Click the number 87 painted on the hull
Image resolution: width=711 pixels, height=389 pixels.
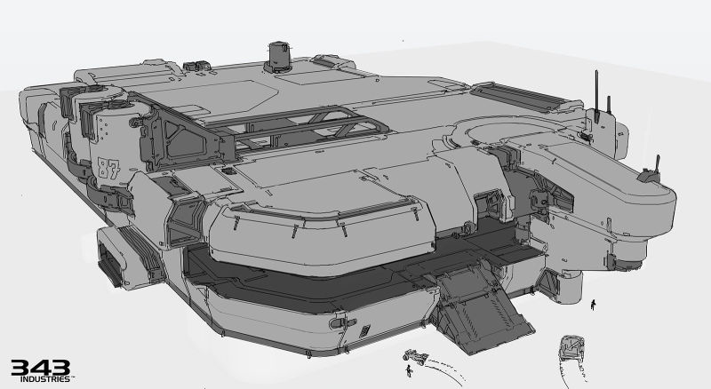108,169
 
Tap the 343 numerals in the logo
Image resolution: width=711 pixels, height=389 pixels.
40,368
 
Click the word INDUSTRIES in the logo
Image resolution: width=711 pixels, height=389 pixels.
45,379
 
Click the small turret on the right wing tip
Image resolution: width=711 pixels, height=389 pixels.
651,171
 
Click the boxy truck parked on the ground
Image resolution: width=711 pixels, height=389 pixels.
571,347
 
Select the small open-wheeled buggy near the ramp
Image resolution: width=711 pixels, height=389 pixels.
415,356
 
